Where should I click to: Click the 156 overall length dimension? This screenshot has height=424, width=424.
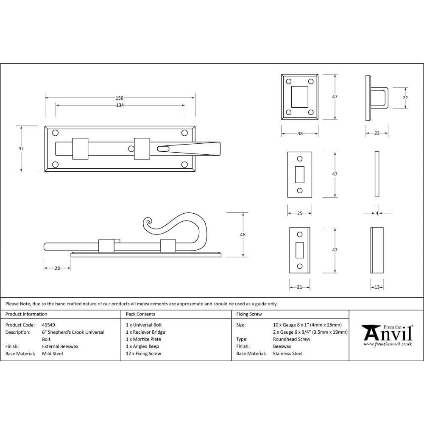120,98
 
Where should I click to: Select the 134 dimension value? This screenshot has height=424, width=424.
120,105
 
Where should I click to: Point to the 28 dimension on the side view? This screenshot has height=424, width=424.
57,268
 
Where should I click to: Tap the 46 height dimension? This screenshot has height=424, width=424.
243,234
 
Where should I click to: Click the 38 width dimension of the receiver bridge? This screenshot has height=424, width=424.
300,134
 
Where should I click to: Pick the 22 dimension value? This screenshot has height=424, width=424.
405,98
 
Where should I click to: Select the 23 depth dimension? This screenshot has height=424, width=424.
377,133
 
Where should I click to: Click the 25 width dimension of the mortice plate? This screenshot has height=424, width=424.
299,213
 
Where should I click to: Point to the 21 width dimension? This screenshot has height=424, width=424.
299,287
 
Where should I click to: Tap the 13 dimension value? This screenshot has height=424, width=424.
377,287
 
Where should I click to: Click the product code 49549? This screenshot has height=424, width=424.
48,325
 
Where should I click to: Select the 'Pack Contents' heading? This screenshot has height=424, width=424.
140,314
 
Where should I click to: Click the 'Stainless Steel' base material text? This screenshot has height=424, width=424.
287,354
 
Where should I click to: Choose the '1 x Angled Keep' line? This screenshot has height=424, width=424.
142,346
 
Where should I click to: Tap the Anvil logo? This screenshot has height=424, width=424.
387,335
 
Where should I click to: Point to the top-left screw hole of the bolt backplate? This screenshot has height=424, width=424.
55,133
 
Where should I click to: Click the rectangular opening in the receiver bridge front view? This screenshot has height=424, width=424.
300,97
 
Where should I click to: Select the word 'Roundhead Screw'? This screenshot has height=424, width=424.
291,339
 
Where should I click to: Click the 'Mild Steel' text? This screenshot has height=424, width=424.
52,354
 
